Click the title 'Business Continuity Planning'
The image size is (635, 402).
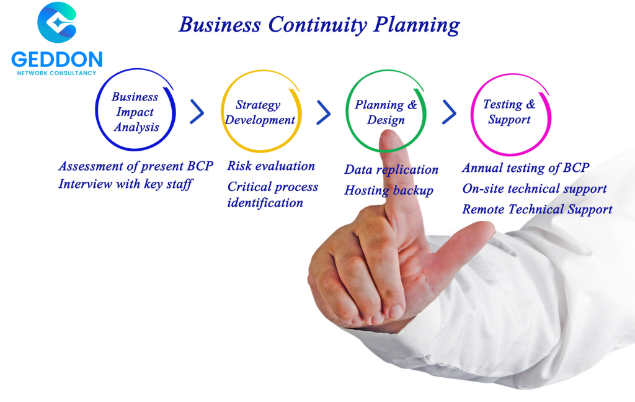pyautogui.click(x=319, y=25)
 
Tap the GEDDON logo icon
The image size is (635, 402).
pyautogui.click(x=56, y=22)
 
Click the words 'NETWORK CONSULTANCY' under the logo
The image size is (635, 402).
pyautogui.click(x=56, y=73)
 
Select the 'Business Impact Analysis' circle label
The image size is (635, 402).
pyautogui.click(x=135, y=112)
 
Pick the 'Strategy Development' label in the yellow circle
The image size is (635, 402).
pyautogui.click(x=260, y=112)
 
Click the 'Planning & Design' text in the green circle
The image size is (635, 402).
pyautogui.click(x=386, y=112)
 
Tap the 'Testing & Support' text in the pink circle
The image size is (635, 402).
pyautogui.click(x=509, y=112)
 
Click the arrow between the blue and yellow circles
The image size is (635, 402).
pyautogui.click(x=197, y=112)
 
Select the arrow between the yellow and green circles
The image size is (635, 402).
pyautogui.click(x=324, y=112)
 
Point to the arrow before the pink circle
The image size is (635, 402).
pyautogui.click(x=450, y=112)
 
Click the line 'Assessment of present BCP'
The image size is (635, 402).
pyautogui.click(x=136, y=166)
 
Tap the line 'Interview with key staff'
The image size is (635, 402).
pyautogui.click(x=125, y=184)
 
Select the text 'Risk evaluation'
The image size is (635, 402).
pyautogui.click(x=271, y=166)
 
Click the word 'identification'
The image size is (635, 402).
pyautogui.click(x=265, y=203)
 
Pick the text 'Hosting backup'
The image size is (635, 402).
pyautogui.click(x=389, y=190)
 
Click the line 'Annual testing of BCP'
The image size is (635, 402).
pyautogui.click(x=526, y=167)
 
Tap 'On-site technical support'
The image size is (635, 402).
pyautogui.click(x=535, y=189)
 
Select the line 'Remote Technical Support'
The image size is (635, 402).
pyautogui.click(x=538, y=210)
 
